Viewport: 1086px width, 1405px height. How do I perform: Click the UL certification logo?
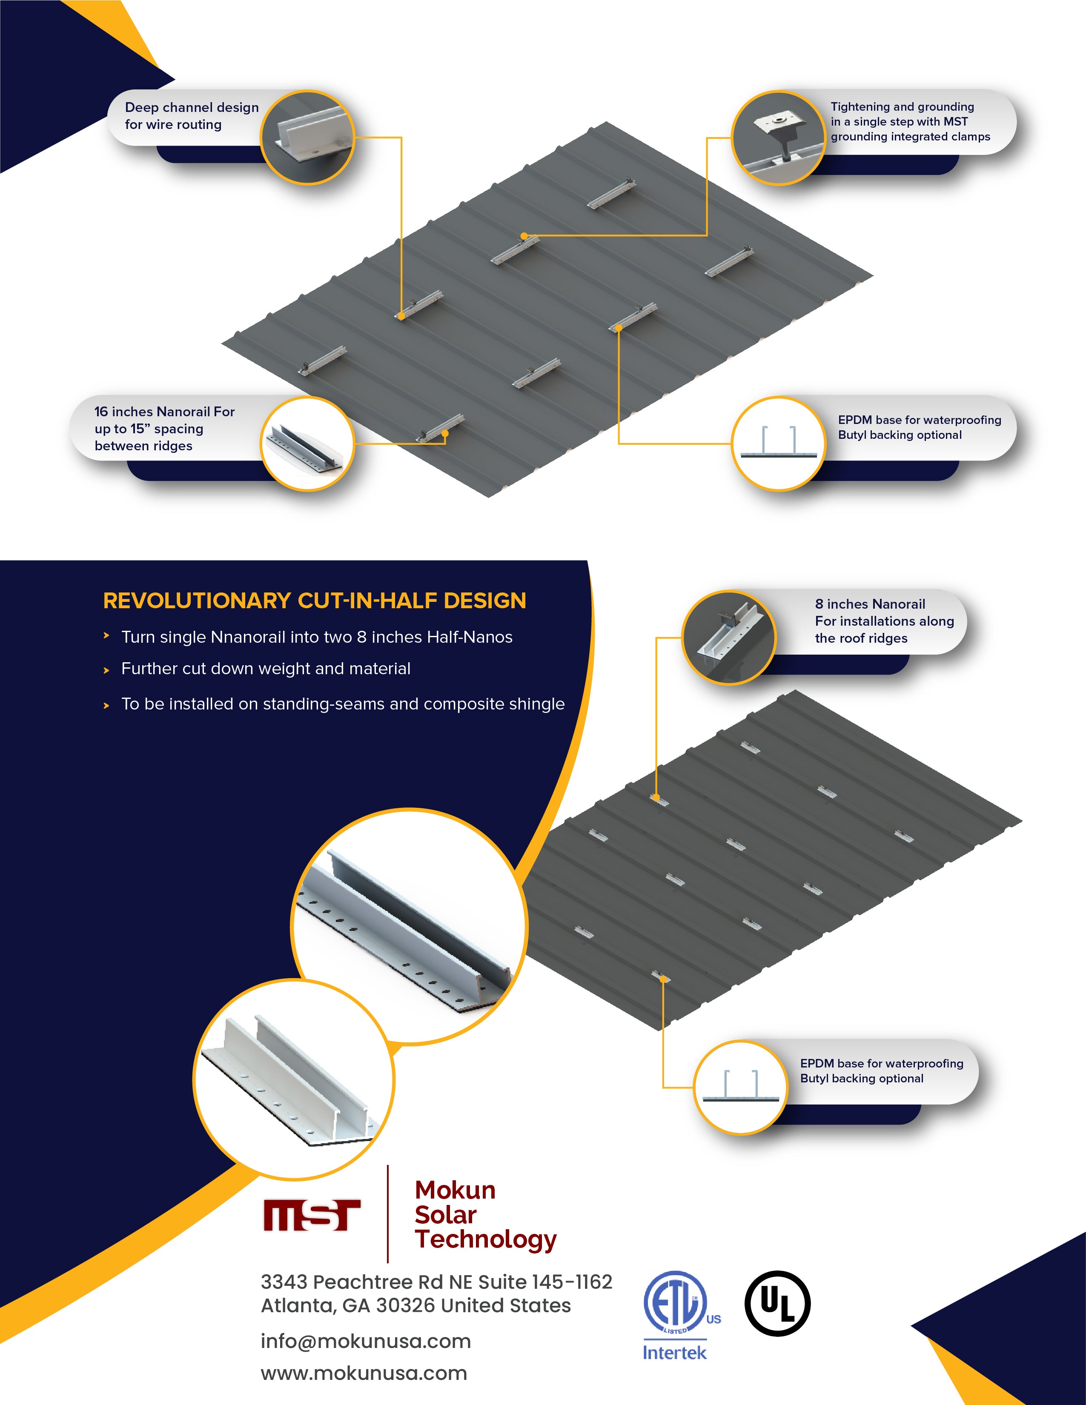777,1303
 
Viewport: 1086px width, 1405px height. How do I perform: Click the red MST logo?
312,1215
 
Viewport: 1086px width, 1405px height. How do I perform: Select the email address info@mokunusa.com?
365,1341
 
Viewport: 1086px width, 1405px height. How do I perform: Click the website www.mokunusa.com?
364,1373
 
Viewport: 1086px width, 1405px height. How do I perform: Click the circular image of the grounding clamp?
779,137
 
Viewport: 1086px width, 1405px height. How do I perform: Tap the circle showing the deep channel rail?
307,137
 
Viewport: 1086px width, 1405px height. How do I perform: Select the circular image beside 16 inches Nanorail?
307,444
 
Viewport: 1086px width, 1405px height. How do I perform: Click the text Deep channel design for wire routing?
192,116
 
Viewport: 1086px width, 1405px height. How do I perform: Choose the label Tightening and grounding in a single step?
910,122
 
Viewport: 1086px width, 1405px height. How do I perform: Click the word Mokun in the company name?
455,1190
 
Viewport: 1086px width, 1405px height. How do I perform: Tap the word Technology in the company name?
486,1240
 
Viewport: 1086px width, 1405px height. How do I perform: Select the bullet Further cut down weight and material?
266,669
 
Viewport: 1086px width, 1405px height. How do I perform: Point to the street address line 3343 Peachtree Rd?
436,1282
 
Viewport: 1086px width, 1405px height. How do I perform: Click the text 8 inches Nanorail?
870,604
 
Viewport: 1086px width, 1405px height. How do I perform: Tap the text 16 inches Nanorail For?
165,412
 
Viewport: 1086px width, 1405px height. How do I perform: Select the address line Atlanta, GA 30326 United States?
415,1306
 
